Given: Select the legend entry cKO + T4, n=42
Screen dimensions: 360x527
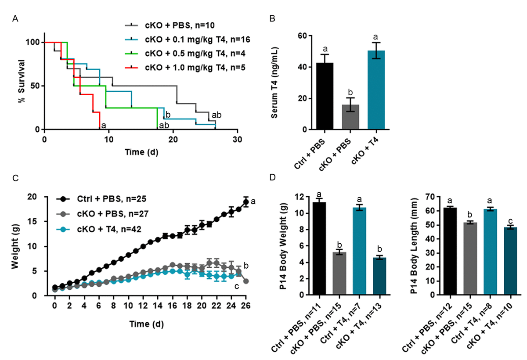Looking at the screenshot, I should tap(104, 227).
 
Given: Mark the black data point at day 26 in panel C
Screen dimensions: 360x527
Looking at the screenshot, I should tap(246, 202).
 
